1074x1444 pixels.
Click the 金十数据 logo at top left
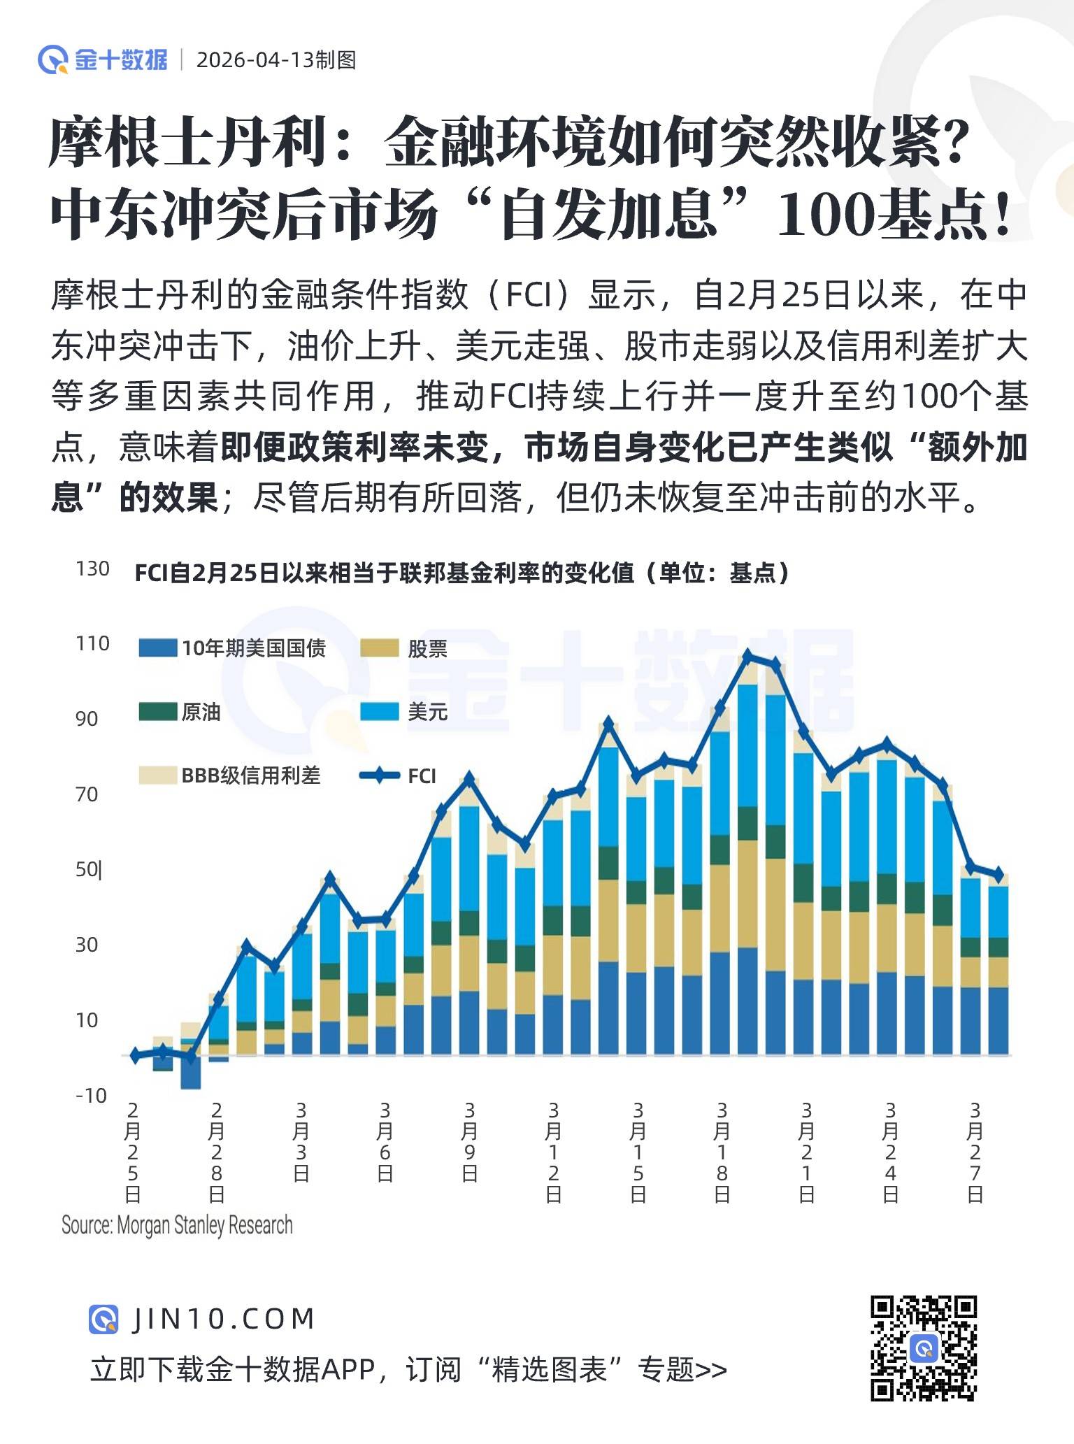pos(103,59)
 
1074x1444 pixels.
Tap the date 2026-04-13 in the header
pos(255,60)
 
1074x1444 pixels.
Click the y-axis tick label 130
pos(92,569)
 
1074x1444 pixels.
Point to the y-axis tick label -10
pos(91,1095)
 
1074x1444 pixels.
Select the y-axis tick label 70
pos(87,794)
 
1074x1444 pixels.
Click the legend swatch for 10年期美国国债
pos(157,648)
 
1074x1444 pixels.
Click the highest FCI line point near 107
pos(748,655)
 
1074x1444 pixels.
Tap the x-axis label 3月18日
pos(722,1152)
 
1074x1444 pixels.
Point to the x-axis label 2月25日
pos(132,1152)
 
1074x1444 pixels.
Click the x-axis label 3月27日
pos(975,1152)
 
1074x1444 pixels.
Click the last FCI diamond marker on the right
pos(998,874)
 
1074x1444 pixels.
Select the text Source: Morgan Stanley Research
pos(177,1225)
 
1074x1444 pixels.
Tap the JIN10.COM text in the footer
pos(223,1319)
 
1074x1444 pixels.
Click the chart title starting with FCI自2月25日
pos(461,573)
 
